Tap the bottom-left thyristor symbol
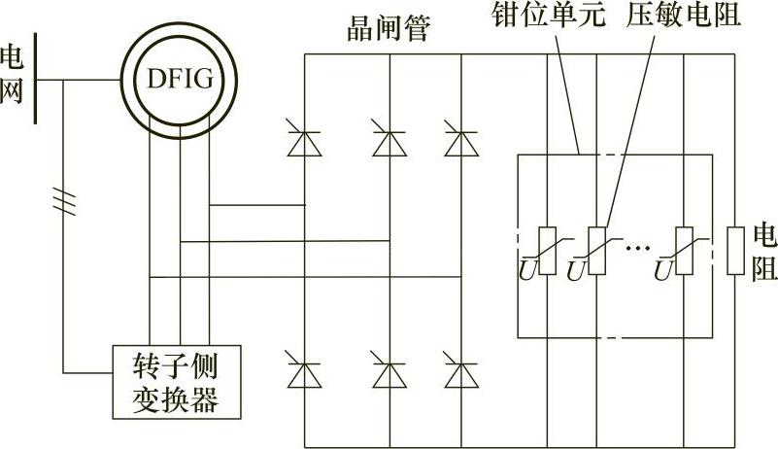click(x=305, y=373)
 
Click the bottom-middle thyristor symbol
click(x=389, y=373)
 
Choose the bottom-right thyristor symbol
click(x=459, y=373)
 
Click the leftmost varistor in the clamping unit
click(x=547, y=250)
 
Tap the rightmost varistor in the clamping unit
click(x=683, y=250)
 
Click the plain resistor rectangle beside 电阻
click(x=735, y=250)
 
